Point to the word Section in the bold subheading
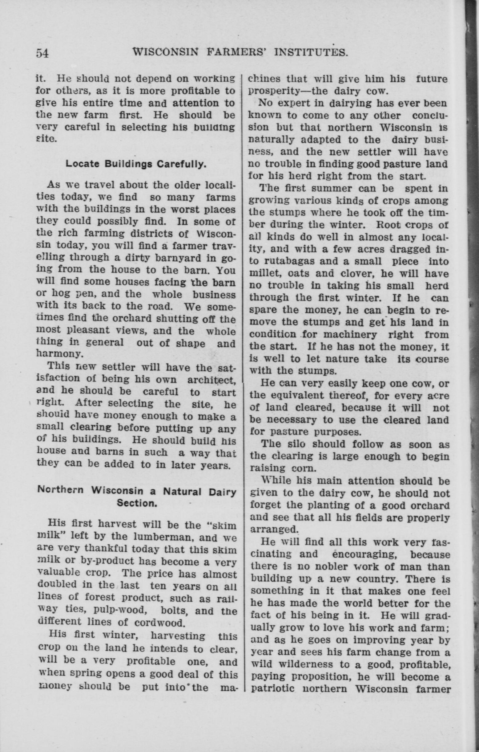point(137,503)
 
